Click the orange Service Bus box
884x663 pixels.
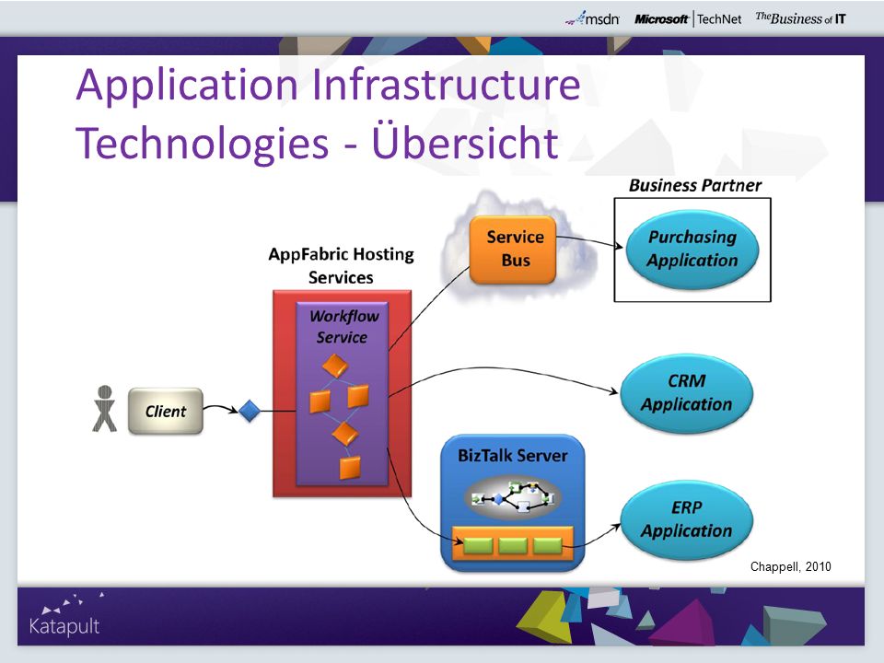(x=513, y=250)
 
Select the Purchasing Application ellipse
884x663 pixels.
(x=692, y=250)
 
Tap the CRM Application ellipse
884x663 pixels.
(x=687, y=393)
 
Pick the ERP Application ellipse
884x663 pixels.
(x=687, y=519)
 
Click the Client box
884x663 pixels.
(x=165, y=411)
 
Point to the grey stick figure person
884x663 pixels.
(x=104, y=409)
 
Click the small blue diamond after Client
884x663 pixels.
(x=250, y=411)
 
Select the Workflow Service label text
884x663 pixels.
(x=343, y=326)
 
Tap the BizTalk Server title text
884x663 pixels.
(x=513, y=455)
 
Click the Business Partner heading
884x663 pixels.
(x=695, y=185)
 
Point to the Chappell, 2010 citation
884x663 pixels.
(x=790, y=566)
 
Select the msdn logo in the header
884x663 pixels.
(x=592, y=18)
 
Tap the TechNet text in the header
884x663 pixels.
(x=719, y=19)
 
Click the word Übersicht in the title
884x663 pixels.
(x=465, y=141)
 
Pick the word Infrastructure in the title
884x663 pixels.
(x=446, y=84)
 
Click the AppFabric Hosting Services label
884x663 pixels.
(x=341, y=265)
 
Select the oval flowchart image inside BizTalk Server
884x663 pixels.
(x=513, y=497)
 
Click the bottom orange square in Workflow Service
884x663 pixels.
(x=350, y=468)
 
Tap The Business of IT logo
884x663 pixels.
(x=800, y=18)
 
